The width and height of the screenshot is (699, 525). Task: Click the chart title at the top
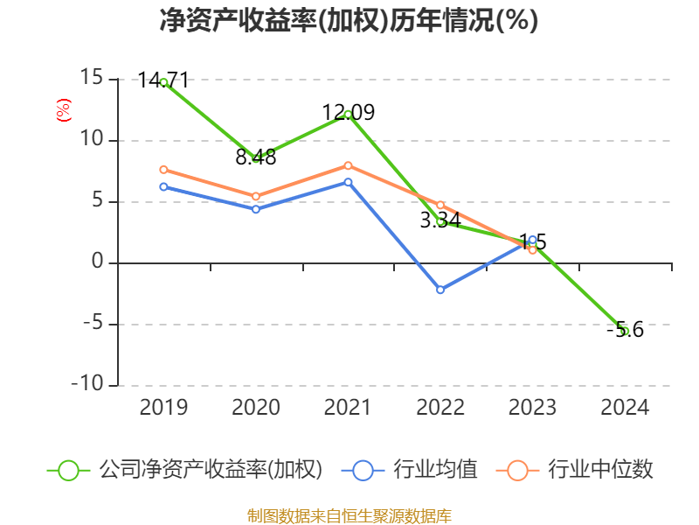[x=349, y=21]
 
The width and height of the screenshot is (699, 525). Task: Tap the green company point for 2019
[x=163, y=81]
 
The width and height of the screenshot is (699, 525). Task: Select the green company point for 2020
[x=256, y=159]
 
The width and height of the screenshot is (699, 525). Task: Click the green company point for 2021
[x=348, y=114]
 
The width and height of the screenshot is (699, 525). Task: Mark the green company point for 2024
[x=625, y=331]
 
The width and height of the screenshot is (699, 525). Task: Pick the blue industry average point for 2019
[x=163, y=186]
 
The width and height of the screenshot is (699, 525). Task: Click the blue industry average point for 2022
[x=440, y=290]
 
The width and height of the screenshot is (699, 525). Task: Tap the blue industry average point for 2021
[x=348, y=182]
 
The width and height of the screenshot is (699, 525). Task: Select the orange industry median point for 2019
[x=163, y=170]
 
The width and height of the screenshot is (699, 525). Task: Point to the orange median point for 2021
[x=348, y=165]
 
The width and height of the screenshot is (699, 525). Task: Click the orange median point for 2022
[x=440, y=205]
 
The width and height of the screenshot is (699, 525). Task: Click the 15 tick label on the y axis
[x=90, y=79]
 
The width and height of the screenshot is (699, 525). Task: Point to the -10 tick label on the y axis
[x=86, y=385]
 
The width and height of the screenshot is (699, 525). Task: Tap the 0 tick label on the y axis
[x=97, y=262]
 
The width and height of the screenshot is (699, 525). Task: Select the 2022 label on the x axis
[x=440, y=408]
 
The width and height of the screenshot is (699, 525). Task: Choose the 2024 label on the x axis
[x=625, y=408]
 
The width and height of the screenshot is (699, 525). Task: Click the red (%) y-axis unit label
[x=63, y=110]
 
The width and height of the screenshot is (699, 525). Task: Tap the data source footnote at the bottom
[x=349, y=515]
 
